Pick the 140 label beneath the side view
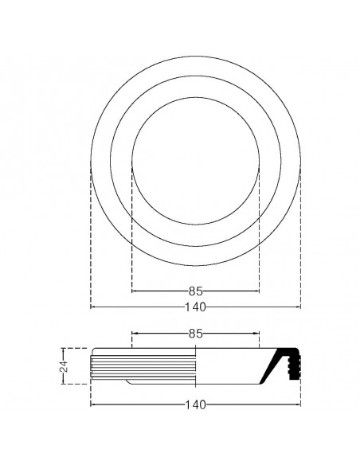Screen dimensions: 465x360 [196, 404]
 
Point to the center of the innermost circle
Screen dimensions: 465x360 [196, 161]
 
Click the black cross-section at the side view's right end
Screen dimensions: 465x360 [286, 365]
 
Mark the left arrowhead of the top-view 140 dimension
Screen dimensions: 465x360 [92, 307]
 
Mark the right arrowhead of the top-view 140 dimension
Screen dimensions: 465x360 [299, 307]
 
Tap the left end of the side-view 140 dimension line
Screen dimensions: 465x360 [92, 404]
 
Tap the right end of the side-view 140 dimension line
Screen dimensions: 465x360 [299, 404]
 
